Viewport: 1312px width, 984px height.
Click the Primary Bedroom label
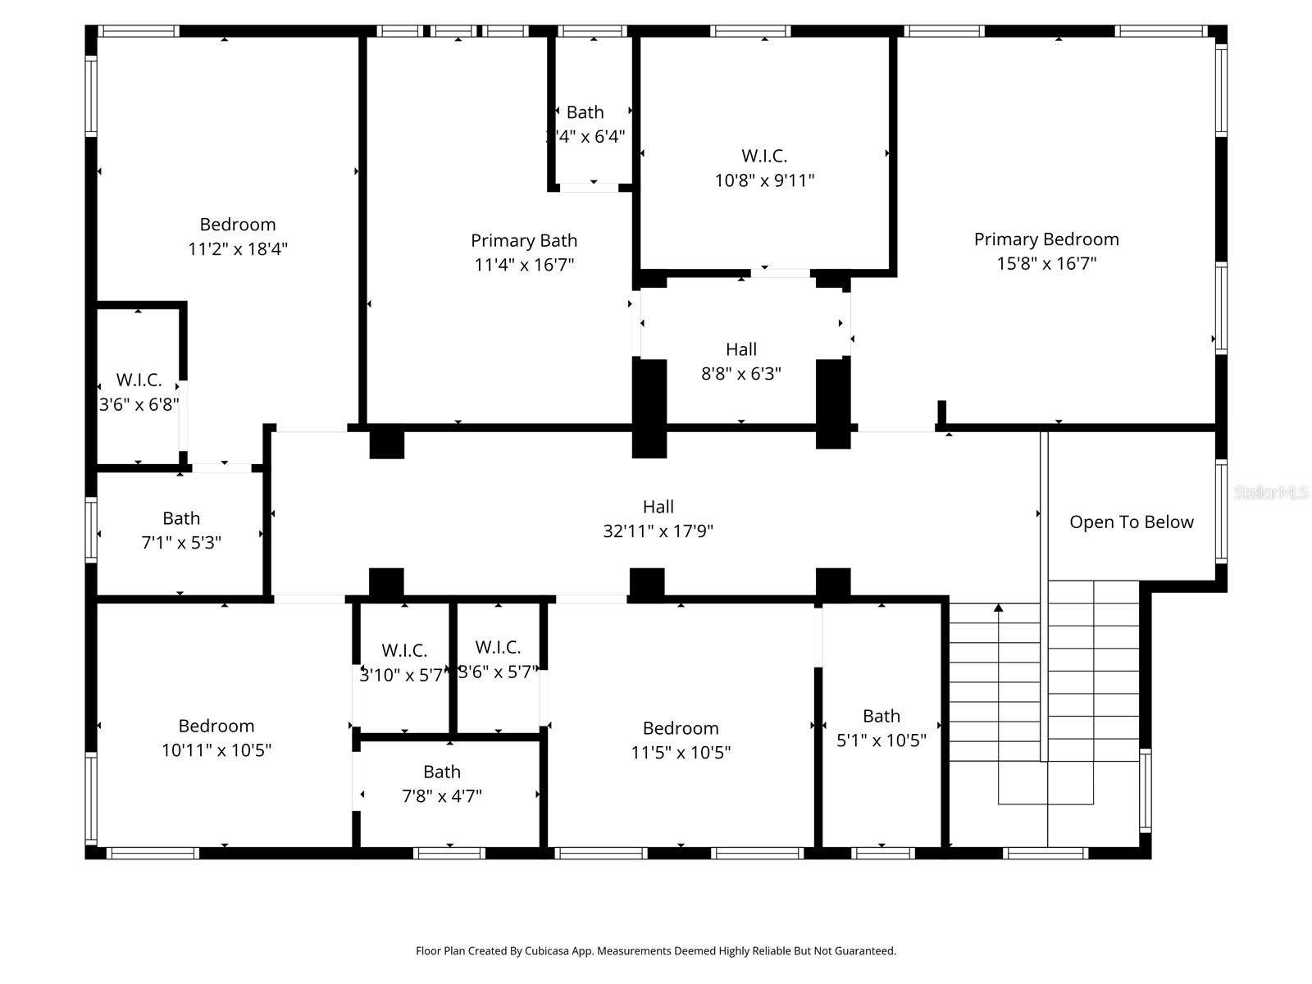pos(1045,239)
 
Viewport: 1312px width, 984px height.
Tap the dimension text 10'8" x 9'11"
pos(764,180)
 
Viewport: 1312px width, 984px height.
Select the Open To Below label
pos(1131,522)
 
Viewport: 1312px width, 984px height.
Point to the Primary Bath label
pos(524,241)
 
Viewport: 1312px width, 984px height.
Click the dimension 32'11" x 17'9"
pos(658,531)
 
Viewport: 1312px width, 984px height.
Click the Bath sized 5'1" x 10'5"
pos(881,717)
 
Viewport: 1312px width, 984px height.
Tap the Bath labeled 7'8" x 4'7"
pos(441,772)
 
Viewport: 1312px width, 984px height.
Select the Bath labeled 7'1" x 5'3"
pos(181,519)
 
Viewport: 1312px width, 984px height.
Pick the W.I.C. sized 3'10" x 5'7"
pos(404,651)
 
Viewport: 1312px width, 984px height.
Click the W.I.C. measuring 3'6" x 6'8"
pos(139,380)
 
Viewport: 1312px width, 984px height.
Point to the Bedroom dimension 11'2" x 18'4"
pos(238,249)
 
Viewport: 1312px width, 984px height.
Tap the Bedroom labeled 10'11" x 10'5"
pos(216,727)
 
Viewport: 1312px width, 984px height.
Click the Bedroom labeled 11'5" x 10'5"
pos(681,729)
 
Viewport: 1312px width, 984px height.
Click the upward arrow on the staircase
pos(998,608)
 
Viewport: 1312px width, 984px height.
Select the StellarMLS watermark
pos(1270,493)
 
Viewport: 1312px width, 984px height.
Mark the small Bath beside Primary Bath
pos(585,112)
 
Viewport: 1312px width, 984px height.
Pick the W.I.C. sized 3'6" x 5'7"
pos(498,648)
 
